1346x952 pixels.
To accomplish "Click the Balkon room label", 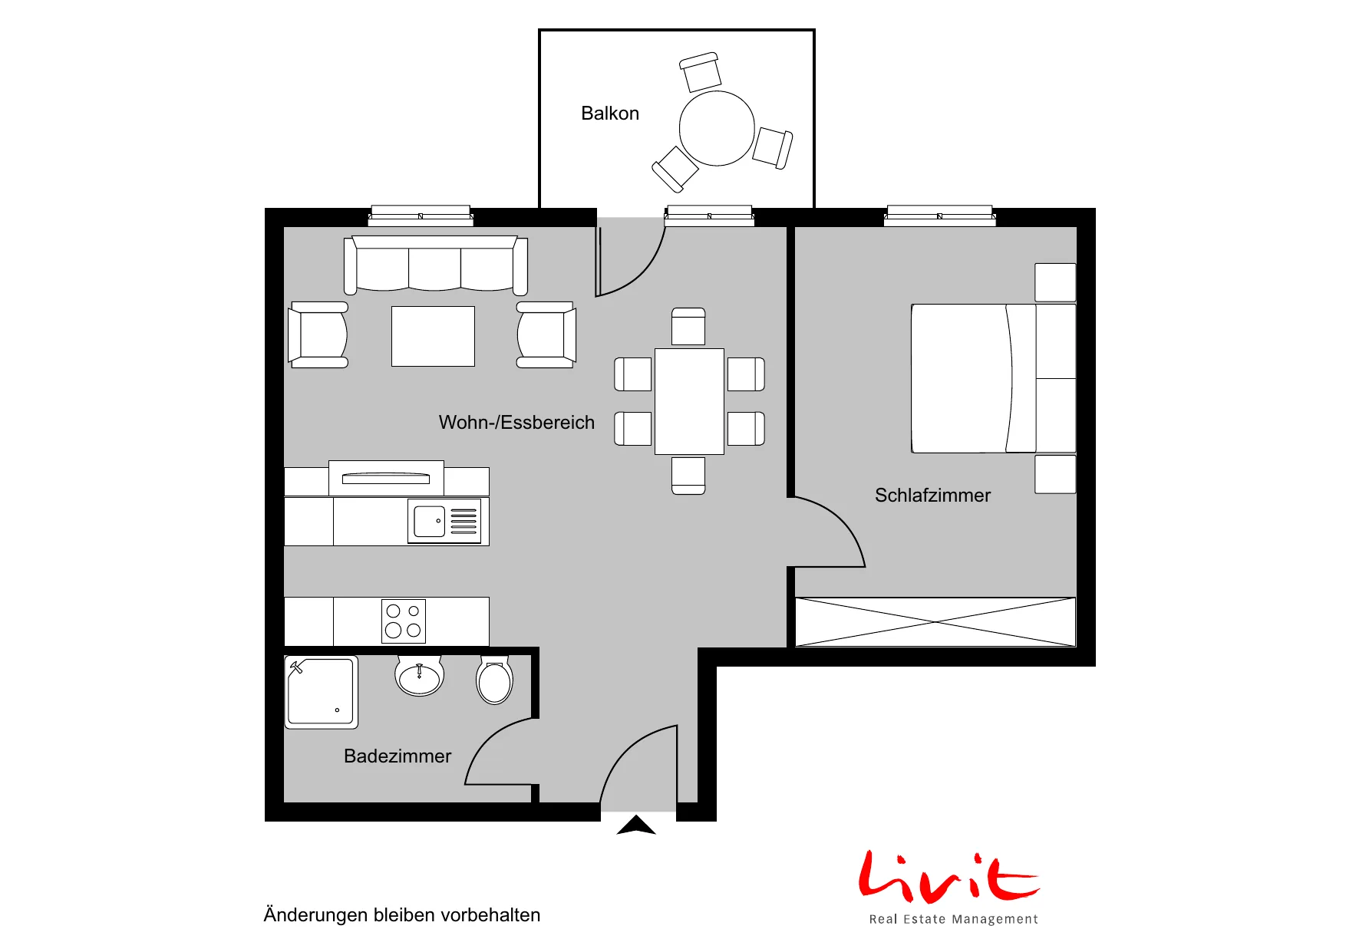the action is (610, 114).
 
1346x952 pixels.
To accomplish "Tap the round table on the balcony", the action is (717, 128).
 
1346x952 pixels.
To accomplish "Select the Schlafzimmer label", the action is (932, 496).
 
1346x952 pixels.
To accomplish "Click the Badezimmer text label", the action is (398, 756).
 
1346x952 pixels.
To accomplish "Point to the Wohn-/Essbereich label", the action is (516, 423).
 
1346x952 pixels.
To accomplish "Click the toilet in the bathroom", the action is (495, 680).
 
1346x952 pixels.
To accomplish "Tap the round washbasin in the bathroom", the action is (419, 675).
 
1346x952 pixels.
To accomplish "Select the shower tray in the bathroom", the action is (322, 691).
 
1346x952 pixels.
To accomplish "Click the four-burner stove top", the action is (404, 621).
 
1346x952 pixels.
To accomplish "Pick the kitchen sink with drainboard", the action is (444, 522).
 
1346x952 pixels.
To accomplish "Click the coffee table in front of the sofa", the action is (433, 336).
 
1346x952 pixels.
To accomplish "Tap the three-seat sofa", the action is (436, 265).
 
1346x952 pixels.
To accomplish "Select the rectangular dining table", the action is (689, 401).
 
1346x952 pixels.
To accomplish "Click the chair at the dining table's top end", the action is (688, 327).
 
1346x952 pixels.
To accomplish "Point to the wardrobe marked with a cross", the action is (935, 622).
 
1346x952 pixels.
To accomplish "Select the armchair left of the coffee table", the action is (318, 334).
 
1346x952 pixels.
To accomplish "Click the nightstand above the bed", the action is (1055, 282).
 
